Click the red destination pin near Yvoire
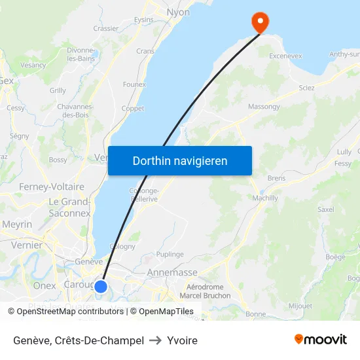[x=261, y=22]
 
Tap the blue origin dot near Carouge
[x=101, y=286]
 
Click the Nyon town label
[x=178, y=12]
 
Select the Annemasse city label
[x=172, y=272]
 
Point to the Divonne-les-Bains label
[x=81, y=54]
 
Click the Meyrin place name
[x=17, y=224]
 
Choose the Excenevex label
[x=286, y=56]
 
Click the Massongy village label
[x=264, y=106]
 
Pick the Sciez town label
[x=306, y=88]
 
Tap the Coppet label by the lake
[x=133, y=109]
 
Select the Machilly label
[x=265, y=198]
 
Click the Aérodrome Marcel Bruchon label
[x=205, y=291]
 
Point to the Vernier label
[x=27, y=245]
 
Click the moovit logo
[x=321, y=339]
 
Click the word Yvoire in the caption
[x=182, y=340]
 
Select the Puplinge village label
[x=170, y=254]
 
